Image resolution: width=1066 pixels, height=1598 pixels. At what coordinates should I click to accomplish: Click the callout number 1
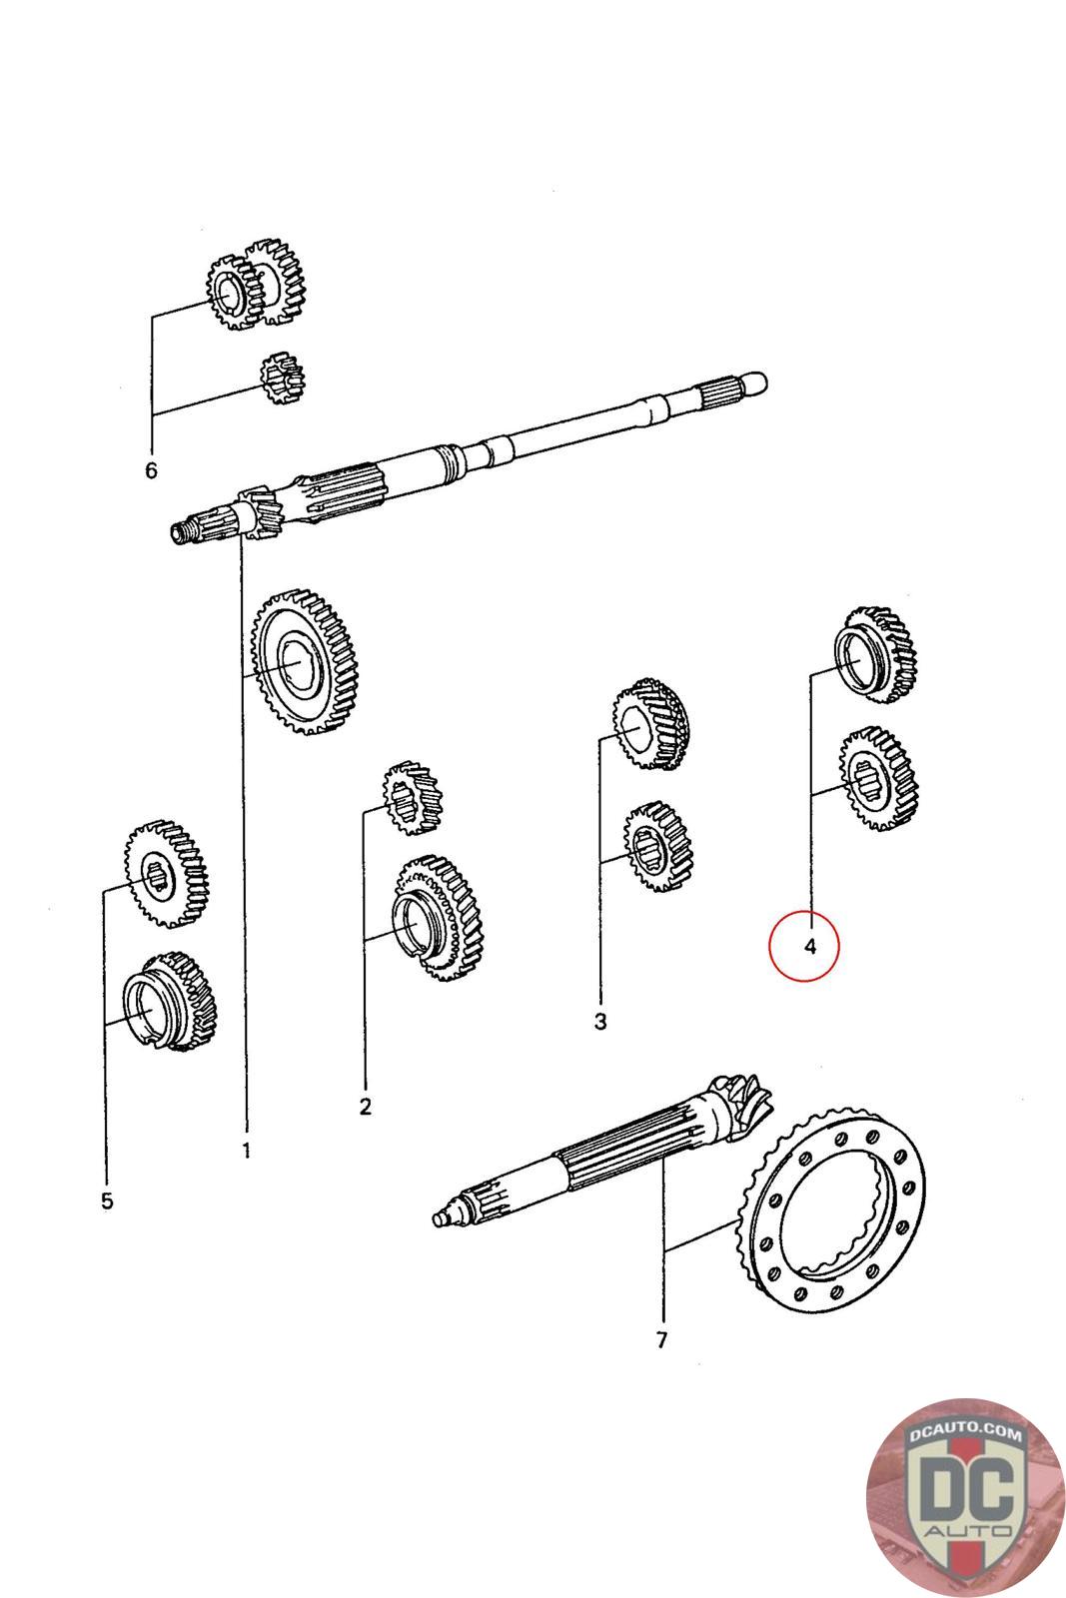click(246, 1151)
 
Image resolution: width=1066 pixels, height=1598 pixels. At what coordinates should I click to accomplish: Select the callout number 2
click(365, 1106)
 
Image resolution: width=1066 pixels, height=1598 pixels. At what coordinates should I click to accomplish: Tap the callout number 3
click(599, 1022)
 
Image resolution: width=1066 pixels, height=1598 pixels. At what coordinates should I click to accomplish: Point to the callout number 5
click(107, 1199)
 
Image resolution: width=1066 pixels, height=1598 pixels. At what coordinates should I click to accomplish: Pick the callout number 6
click(151, 469)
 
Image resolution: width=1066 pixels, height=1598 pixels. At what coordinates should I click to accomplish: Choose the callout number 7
click(661, 1340)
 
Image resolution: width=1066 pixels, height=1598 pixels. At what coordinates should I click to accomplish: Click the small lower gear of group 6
click(281, 379)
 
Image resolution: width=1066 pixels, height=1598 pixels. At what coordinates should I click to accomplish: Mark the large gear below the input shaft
click(305, 662)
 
